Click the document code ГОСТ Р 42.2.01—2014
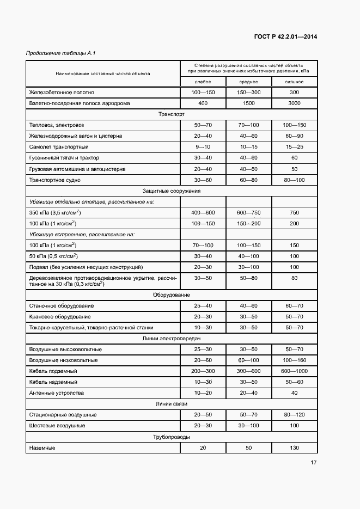[x=285, y=37]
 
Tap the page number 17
[x=314, y=463]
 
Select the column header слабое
[x=203, y=82]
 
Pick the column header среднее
[x=248, y=82]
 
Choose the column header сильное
[x=295, y=82]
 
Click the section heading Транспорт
[x=172, y=114]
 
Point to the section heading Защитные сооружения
[x=172, y=191]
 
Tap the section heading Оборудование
[x=172, y=295]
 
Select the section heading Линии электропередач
[x=172, y=339]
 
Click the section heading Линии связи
[x=172, y=404]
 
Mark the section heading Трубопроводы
[x=172, y=437]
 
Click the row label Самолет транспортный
[x=59, y=147]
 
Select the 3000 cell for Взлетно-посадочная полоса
[x=295, y=103]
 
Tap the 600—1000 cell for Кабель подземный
[x=295, y=371]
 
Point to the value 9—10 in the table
[x=203, y=147]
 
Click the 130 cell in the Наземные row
[x=295, y=447]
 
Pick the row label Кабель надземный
[x=53, y=382]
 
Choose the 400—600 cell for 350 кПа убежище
[x=203, y=212]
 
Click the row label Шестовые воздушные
[x=57, y=426]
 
